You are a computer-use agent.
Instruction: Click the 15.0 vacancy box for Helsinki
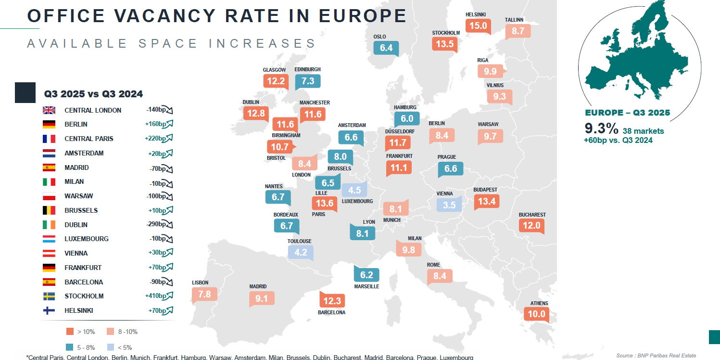[x=478, y=26]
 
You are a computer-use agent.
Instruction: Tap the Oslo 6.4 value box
[x=386, y=48]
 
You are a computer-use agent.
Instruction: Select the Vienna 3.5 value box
[x=449, y=205]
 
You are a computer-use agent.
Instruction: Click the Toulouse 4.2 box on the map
[x=301, y=252]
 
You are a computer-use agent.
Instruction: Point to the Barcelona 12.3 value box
[x=332, y=301]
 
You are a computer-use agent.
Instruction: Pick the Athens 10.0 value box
[x=536, y=314]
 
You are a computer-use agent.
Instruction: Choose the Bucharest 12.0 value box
[x=531, y=225]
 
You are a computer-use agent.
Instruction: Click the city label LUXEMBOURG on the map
[x=357, y=202]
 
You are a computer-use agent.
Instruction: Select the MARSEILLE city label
[x=366, y=286]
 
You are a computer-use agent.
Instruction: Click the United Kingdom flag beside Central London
[x=49, y=110]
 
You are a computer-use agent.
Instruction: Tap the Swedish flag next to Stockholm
[x=49, y=296]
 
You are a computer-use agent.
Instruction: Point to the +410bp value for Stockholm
[x=156, y=296]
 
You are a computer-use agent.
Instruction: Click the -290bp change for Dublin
[x=156, y=224]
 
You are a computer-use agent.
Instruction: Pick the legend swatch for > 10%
[x=70, y=332]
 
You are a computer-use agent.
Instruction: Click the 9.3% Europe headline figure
[x=601, y=129]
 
